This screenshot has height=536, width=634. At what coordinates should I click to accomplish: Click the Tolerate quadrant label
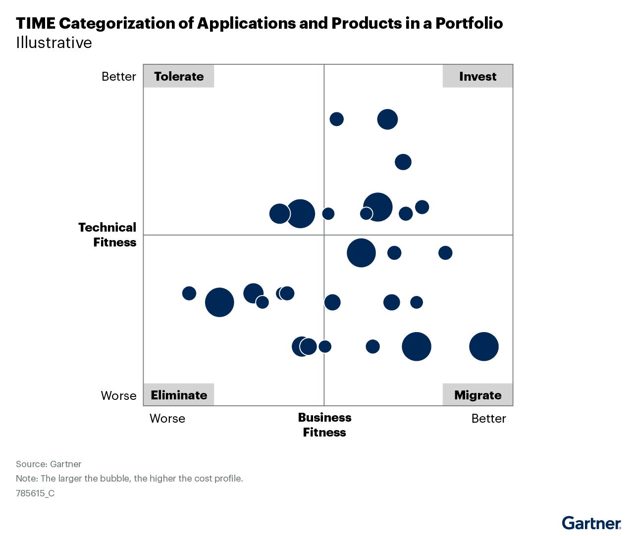click(x=179, y=76)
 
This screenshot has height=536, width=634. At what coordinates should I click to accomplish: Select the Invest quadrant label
click(x=477, y=76)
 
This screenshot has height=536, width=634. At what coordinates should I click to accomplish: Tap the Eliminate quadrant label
click(x=179, y=395)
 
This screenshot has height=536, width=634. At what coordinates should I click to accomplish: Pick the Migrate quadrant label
click(x=477, y=395)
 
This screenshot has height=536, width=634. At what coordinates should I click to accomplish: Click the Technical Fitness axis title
click(x=107, y=235)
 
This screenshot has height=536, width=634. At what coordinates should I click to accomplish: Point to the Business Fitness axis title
click(x=324, y=425)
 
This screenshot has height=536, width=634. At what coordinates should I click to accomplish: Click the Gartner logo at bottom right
click(x=591, y=523)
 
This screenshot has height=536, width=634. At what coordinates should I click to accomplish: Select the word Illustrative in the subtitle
click(x=54, y=43)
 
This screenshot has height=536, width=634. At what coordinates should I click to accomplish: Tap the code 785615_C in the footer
click(x=35, y=493)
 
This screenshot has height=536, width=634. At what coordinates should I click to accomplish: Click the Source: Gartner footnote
click(x=49, y=464)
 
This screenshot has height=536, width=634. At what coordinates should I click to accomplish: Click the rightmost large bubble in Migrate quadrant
click(x=484, y=346)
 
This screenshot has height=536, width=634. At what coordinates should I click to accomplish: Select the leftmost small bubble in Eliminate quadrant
click(x=189, y=293)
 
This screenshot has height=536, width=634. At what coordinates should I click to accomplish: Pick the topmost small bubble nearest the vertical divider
click(x=337, y=119)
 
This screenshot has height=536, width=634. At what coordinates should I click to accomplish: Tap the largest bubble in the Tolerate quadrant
click(x=300, y=213)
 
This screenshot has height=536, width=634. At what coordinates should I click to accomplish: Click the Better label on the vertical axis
click(x=119, y=77)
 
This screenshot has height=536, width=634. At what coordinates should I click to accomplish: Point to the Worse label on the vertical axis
click(x=119, y=395)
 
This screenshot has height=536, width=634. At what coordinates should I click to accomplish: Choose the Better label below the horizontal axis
click(x=488, y=419)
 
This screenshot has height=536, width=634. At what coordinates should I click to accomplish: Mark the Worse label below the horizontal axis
click(x=167, y=419)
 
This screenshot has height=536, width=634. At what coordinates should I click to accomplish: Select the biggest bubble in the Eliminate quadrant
click(x=219, y=302)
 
